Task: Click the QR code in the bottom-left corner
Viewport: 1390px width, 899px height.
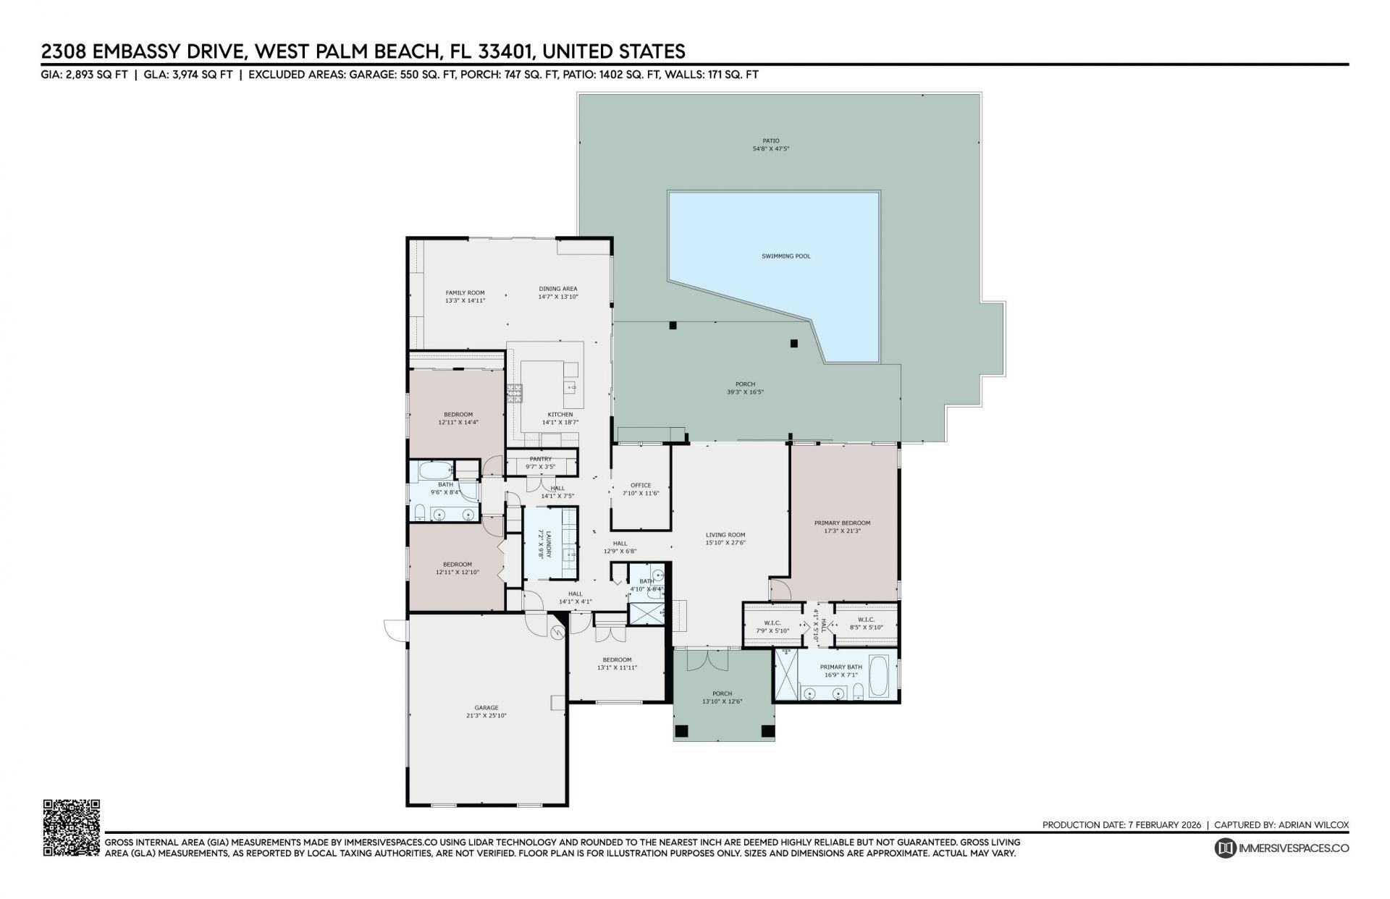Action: [x=71, y=828]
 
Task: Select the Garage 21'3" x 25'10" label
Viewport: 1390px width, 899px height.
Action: [x=486, y=712]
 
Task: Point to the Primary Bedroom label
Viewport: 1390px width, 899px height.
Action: [x=842, y=523]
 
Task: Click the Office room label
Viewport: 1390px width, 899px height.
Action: [x=641, y=486]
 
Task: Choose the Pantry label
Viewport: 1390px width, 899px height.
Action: [x=541, y=459]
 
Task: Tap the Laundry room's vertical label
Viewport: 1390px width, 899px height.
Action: [x=549, y=544]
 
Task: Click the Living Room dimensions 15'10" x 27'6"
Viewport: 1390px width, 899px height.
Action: [x=725, y=542]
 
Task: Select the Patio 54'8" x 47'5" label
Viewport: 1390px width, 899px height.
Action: [x=770, y=148]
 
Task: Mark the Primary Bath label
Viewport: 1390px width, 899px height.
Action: [x=841, y=667]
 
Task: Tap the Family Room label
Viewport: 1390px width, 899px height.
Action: [x=465, y=292]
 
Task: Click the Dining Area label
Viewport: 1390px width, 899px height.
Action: [x=557, y=289]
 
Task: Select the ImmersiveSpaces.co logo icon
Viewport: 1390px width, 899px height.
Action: [x=1224, y=848]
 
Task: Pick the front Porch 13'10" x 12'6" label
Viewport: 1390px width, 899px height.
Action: [x=722, y=693]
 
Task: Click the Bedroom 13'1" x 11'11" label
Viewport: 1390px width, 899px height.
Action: [x=617, y=659]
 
